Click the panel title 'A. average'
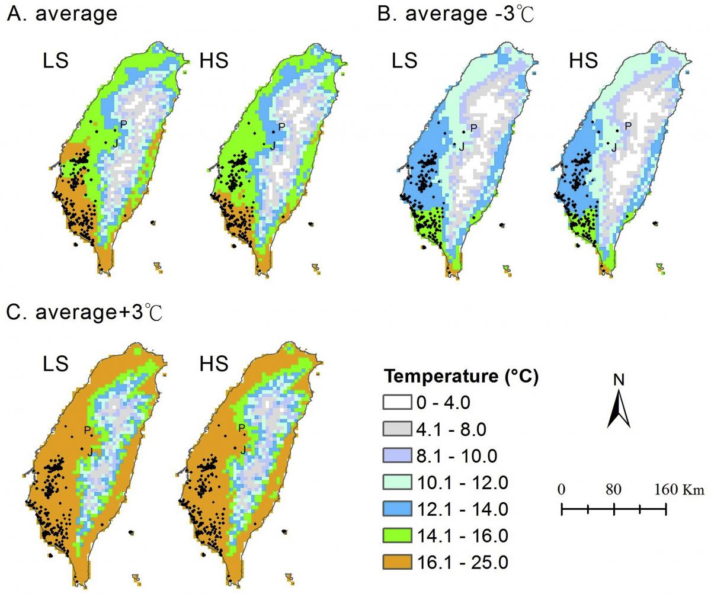tap(62, 14)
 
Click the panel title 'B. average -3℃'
tap(456, 14)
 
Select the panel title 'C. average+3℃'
tap(84, 312)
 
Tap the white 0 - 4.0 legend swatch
tap(397, 403)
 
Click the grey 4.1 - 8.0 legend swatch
tap(397, 429)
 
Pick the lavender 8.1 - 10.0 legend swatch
tap(397, 456)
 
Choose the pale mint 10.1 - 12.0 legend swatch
tap(397, 483)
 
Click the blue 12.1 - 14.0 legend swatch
tap(397, 509)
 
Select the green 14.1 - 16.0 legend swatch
tap(397, 536)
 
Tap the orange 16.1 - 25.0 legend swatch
tap(397, 563)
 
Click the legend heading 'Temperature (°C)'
tap(461, 377)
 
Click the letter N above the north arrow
tap(619, 380)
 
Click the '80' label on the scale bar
tap(613, 490)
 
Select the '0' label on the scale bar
tap(561, 490)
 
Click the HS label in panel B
tap(583, 60)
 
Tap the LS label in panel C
tap(55, 363)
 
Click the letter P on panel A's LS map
tap(123, 124)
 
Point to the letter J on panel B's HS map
tap(614, 148)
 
